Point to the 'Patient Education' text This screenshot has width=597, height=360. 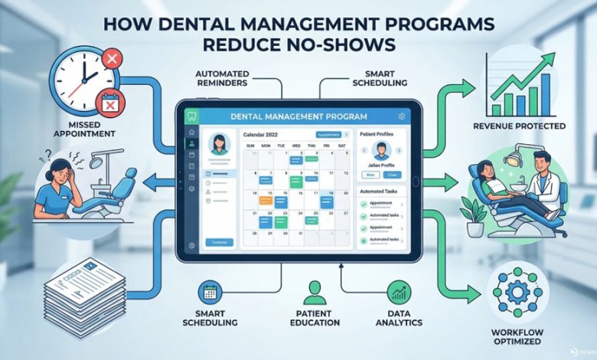pyautogui.click(x=315, y=318)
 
